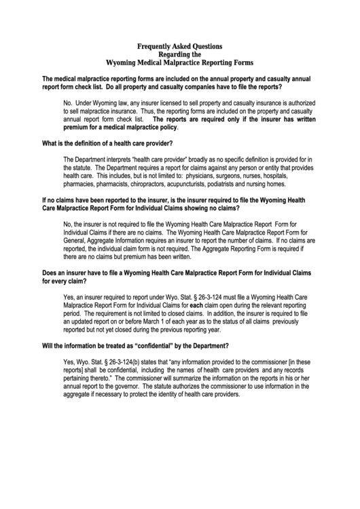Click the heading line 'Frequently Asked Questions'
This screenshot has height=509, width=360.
(179, 46)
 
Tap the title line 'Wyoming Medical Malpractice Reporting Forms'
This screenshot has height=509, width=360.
(179, 61)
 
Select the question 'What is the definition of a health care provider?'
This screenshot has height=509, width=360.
(107, 143)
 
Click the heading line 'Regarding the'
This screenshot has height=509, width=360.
(179, 54)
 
